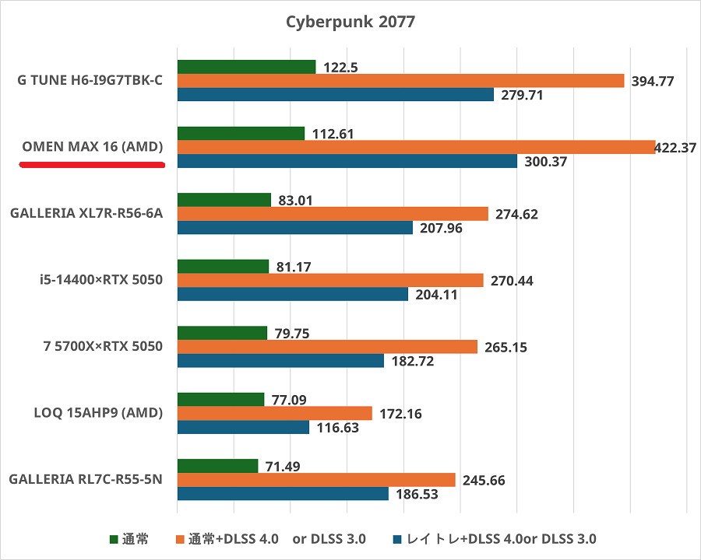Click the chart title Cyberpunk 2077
(x=350, y=22)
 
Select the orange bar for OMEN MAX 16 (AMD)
(x=416, y=147)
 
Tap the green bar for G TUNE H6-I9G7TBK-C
(x=246, y=67)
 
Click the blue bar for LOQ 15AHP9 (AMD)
(x=243, y=427)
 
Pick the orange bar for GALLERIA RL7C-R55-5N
(x=316, y=480)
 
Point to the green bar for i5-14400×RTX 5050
(x=223, y=267)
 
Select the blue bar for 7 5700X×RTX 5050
(x=280, y=361)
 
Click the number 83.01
(x=294, y=200)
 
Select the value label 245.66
(x=483, y=481)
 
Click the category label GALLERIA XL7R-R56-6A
(x=86, y=213)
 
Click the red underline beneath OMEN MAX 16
(x=92, y=165)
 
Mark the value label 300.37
(x=545, y=162)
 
